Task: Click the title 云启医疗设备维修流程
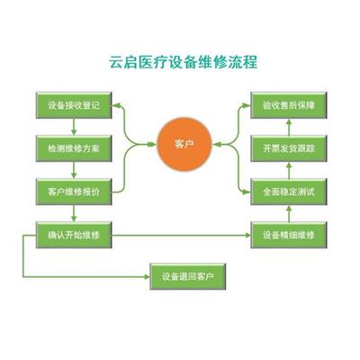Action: tap(183, 62)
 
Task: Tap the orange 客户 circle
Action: tap(184, 145)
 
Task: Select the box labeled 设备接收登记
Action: tap(74, 105)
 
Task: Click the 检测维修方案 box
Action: tap(74, 148)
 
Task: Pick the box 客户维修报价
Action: tap(74, 192)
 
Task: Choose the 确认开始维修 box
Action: tap(74, 235)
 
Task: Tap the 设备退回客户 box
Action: tap(188, 276)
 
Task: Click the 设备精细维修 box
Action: tap(289, 235)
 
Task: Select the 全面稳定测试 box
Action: tap(289, 192)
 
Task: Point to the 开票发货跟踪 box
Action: tap(289, 148)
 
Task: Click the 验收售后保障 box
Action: tap(289, 105)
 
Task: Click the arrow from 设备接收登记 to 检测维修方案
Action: tap(74, 127)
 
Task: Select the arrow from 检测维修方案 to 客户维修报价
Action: tap(74, 170)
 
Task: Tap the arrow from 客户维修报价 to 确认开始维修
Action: tap(74, 213)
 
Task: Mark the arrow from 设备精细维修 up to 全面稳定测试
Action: tap(289, 213)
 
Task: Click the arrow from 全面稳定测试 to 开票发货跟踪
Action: tap(289, 170)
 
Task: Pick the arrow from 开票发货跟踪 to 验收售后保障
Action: tap(289, 127)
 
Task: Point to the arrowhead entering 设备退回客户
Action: tap(147, 276)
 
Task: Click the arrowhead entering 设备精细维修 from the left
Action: tap(247, 235)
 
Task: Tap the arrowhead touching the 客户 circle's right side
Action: tap(216, 145)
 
